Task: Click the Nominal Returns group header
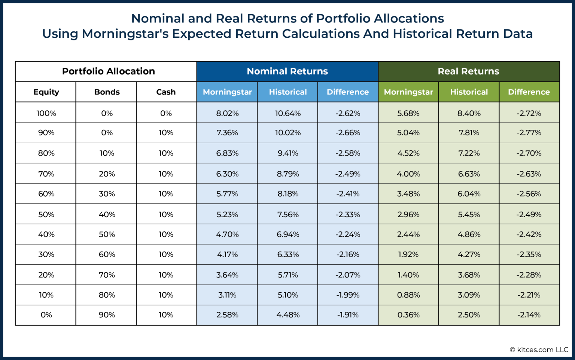tap(287, 71)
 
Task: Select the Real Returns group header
tap(468, 71)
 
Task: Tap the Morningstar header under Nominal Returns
tap(227, 92)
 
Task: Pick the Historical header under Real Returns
tap(469, 92)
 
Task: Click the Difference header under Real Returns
tap(529, 92)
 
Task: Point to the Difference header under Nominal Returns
tap(347, 92)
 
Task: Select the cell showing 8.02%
tap(227, 113)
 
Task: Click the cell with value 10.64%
tap(287, 113)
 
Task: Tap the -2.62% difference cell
tap(347, 113)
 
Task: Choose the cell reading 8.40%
tap(469, 113)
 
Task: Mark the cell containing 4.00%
tap(408, 174)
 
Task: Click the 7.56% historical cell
tap(287, 215)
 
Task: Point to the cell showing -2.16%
tap(347, 255)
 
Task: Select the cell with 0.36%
tap(408, 315)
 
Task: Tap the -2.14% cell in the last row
tap(529, 315)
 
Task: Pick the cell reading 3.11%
tap(227, 295)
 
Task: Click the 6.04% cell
tap(469, 194)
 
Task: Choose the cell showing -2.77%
tap(529, 133)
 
